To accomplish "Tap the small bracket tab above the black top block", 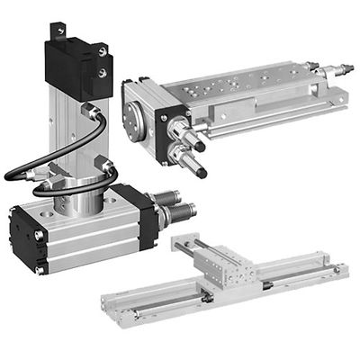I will click(x=60, y=31).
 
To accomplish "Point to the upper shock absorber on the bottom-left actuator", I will click(x=174, y=196).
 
